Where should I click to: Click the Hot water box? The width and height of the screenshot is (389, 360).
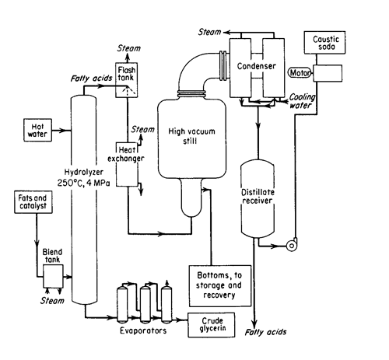(x=37, y=130)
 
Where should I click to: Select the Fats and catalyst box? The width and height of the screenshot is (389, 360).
(x=33, y=202)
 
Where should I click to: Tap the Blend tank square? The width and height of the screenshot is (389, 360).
(x=53, y=276)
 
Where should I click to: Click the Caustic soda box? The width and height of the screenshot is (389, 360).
(x=324, y=43)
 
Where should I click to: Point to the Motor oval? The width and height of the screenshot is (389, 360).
(x=300, y=73)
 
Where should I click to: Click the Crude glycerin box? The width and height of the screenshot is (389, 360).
(x=212, y=325)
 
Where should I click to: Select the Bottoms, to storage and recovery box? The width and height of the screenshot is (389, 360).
(x=220, y=285)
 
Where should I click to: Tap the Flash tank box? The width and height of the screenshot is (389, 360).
(x=127, y=80)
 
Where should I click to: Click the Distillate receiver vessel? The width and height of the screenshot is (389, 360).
(x=258, y=198)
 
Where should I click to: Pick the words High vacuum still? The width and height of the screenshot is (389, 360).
(x=191, y=136)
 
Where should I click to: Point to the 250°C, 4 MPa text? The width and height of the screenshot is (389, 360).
(x=83, y=183)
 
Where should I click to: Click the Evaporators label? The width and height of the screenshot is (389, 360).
(x=143, y=330)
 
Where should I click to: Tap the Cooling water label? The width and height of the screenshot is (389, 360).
(x=302, y=101)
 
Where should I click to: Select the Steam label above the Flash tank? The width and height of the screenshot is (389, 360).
(x=129, y=48)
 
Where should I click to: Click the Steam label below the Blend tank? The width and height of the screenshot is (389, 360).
(x=52, y=301)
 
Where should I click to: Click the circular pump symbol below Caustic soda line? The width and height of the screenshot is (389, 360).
(x=292, y=246)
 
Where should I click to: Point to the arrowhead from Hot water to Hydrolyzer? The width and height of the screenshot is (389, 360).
(x=62, y=131)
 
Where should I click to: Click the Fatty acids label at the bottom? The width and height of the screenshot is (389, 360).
(x=266, y=332)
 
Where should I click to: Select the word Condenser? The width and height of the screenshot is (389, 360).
(x=256, y=66)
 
